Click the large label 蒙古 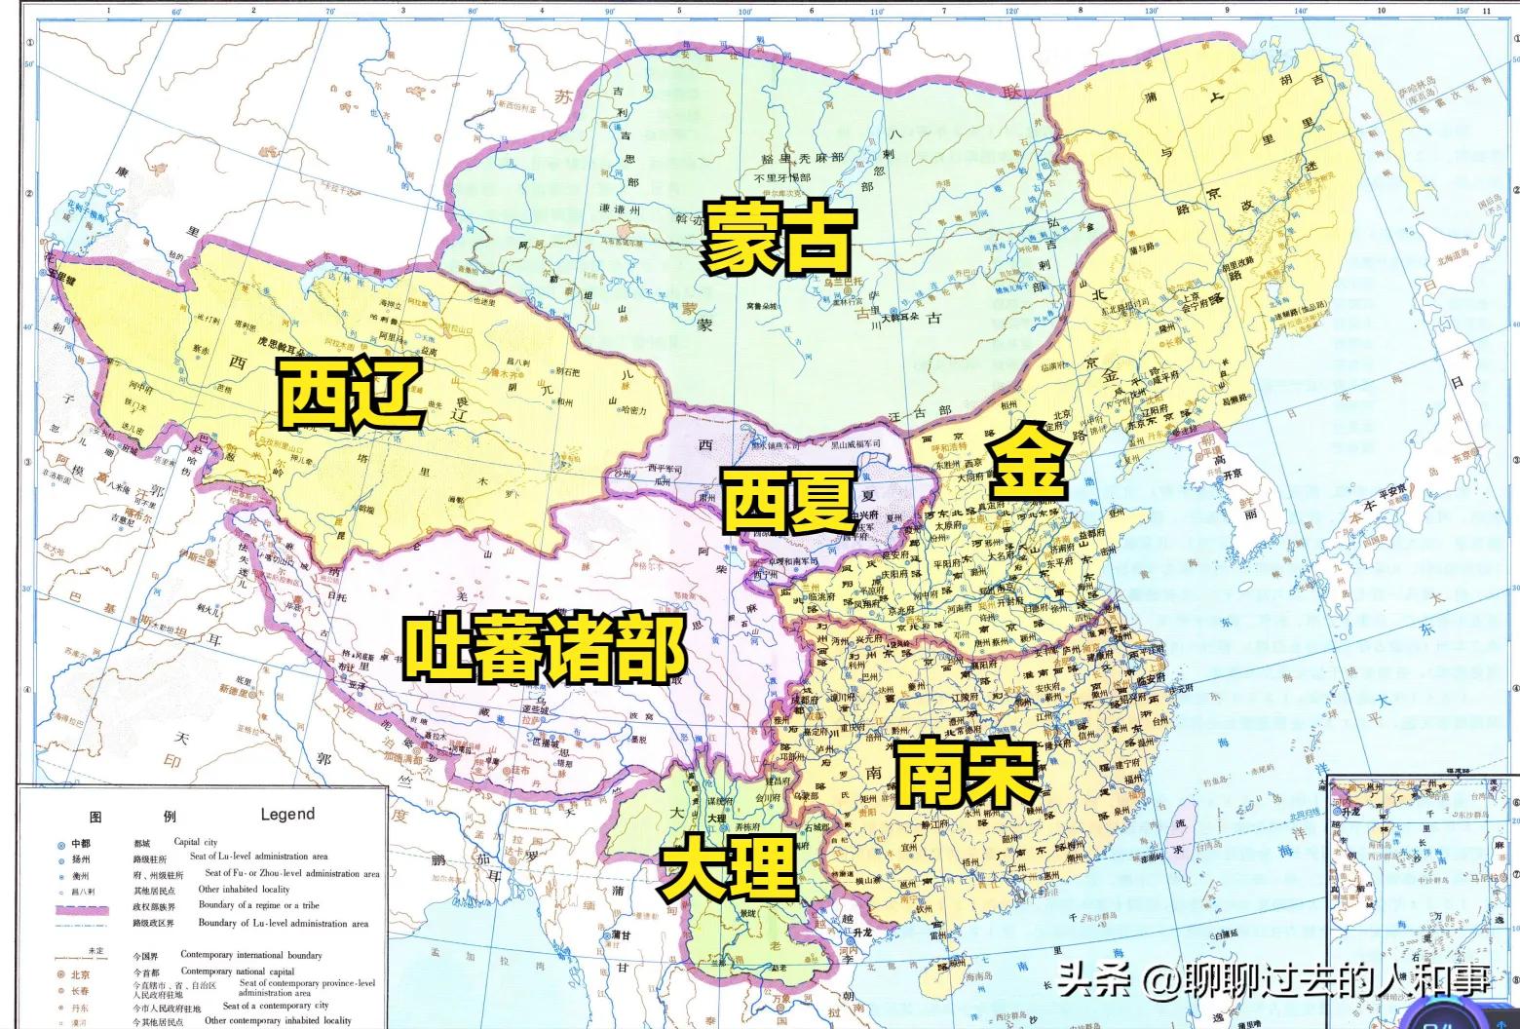coord(779,240)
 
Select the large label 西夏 coord(788,500)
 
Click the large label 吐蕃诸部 coord(545,648)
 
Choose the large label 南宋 coord(966,772)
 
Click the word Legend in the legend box coord(287,814)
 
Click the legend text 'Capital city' coord(196,842)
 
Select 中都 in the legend coord(80,843)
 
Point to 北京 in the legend coord(80,973)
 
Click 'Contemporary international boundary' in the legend coord(250,955)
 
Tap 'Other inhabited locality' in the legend coord(244,890)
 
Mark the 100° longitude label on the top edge coord(744,12)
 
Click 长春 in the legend coord(80,990)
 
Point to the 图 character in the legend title coord(96,817)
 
